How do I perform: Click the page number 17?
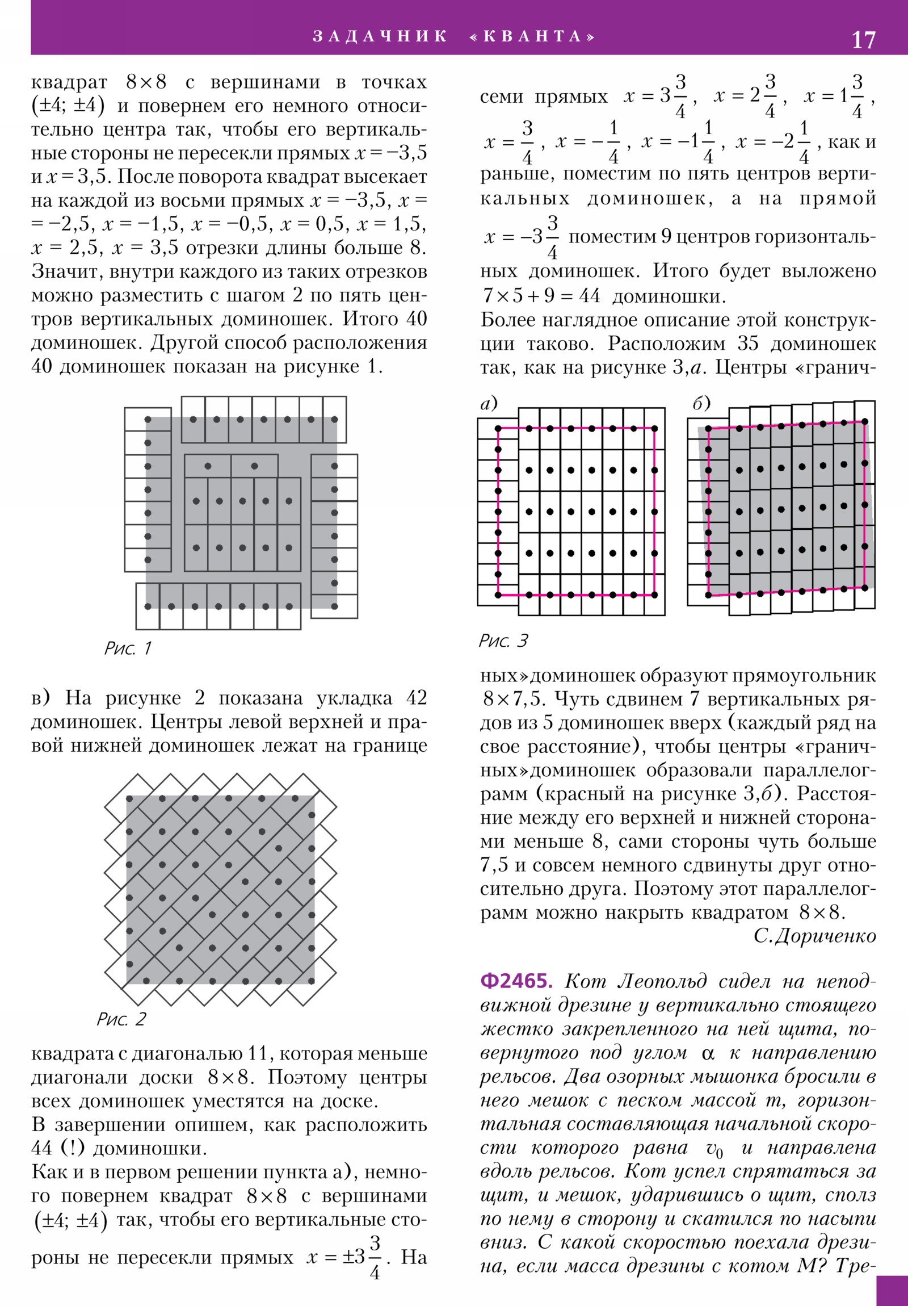863,40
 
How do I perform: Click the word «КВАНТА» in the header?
533,36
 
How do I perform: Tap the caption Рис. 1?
128,648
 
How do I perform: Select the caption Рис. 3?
503,641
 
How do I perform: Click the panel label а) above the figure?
489,403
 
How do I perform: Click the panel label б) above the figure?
701,403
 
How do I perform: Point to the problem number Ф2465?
516,981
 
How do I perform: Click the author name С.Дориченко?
814,936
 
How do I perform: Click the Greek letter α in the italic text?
707,1053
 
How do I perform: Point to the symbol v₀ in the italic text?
714,1149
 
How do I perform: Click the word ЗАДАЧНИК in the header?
380,36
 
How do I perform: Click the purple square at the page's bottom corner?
892,1290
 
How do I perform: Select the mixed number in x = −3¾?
545,237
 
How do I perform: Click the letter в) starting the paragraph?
40,697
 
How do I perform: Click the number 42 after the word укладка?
416,697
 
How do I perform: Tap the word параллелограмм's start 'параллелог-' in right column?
819,770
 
